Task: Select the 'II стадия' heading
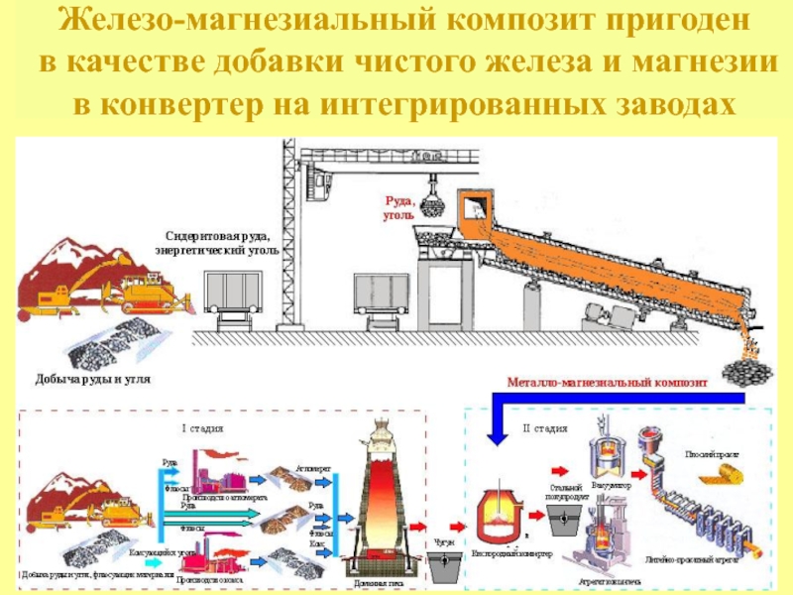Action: coord(544,428)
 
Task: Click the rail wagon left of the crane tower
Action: coord(235,293)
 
